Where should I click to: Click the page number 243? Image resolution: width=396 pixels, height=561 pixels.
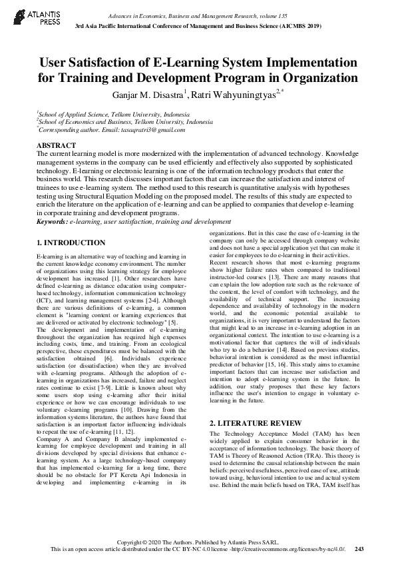[360, 548]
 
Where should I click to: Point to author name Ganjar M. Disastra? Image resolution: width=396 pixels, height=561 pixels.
[148, 94]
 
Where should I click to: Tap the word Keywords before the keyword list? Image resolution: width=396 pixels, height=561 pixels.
[52, 221]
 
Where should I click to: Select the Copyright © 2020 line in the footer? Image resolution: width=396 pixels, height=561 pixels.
[197, 541]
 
